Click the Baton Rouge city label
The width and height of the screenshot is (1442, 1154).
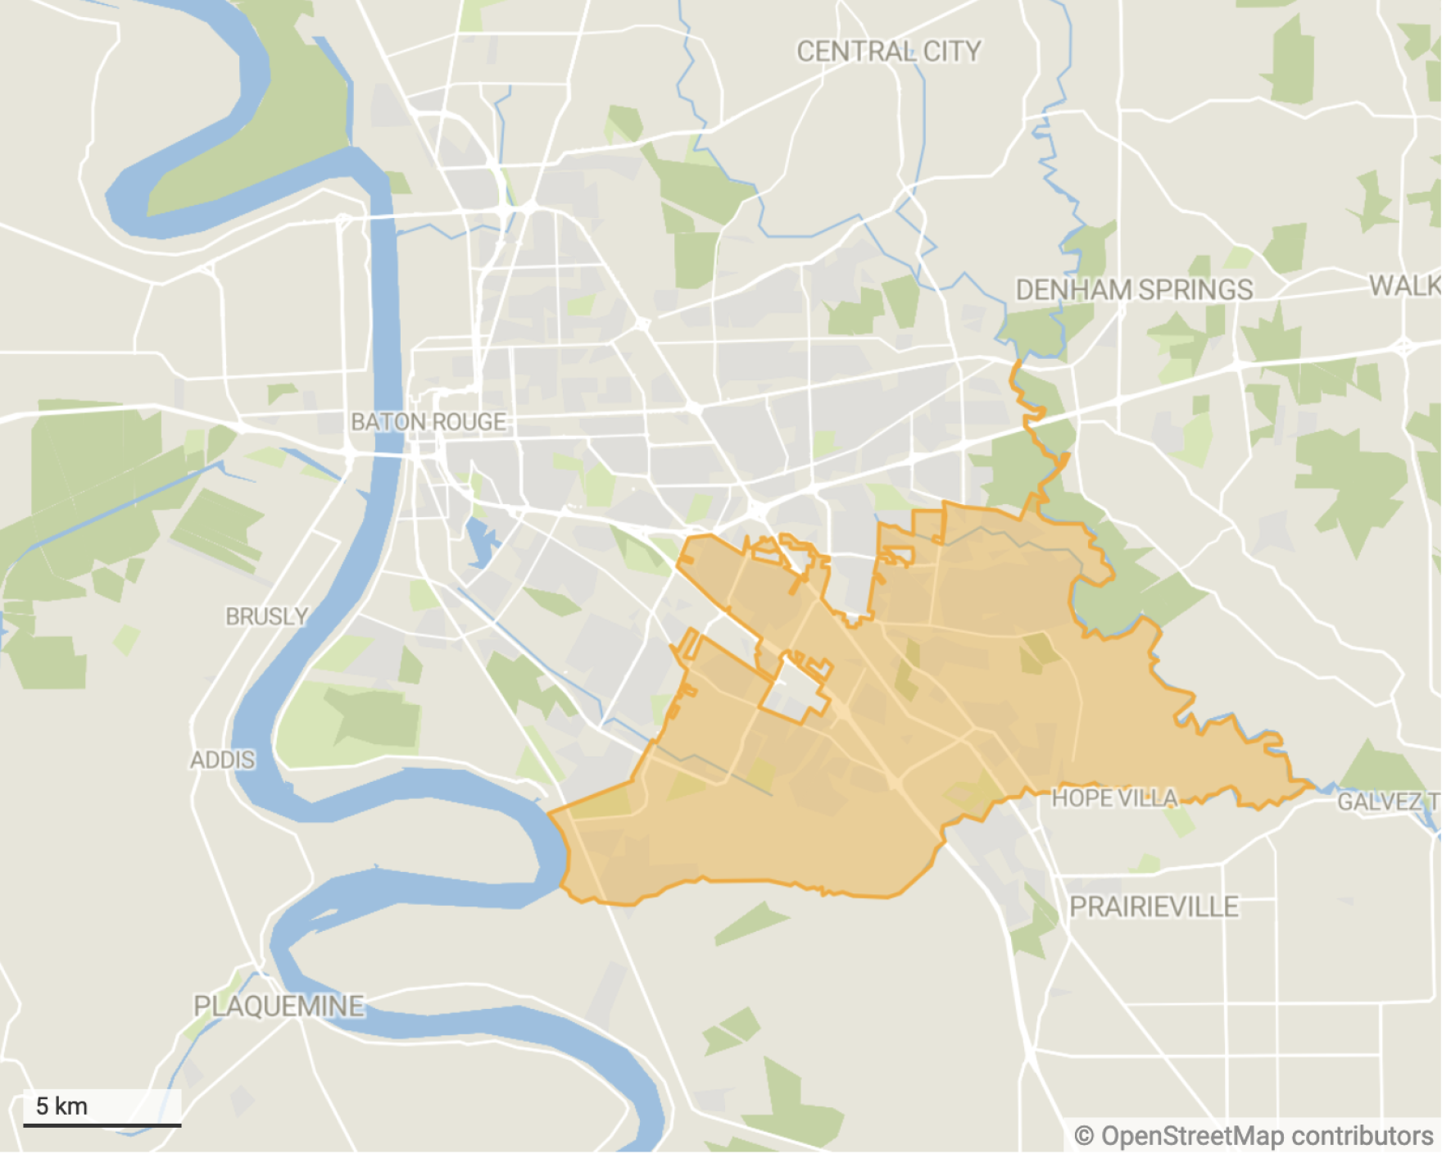point(429,422)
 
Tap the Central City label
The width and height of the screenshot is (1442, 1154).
point(889,52)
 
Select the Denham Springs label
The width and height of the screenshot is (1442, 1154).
point(1134,289)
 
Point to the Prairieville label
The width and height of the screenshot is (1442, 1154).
point(1154,906)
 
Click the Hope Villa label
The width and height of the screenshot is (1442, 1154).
point(1114,797)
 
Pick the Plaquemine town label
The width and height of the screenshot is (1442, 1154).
point(279,1006)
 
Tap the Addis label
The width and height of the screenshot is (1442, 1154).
point(222,760)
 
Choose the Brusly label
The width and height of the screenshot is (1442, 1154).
point(267,616)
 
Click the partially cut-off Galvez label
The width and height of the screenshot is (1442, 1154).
point(1387,802)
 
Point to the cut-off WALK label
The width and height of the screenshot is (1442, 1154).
point(1404,285)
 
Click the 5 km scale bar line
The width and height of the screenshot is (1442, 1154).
point(102,1125)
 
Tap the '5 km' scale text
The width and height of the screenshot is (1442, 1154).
point(61,1106)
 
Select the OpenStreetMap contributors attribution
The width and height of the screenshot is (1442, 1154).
point(1254,1136)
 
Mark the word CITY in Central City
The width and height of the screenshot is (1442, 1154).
point(952,52)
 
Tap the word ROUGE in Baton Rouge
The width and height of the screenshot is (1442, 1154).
point(469,422)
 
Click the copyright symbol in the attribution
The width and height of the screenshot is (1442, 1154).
point(1084,1136)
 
